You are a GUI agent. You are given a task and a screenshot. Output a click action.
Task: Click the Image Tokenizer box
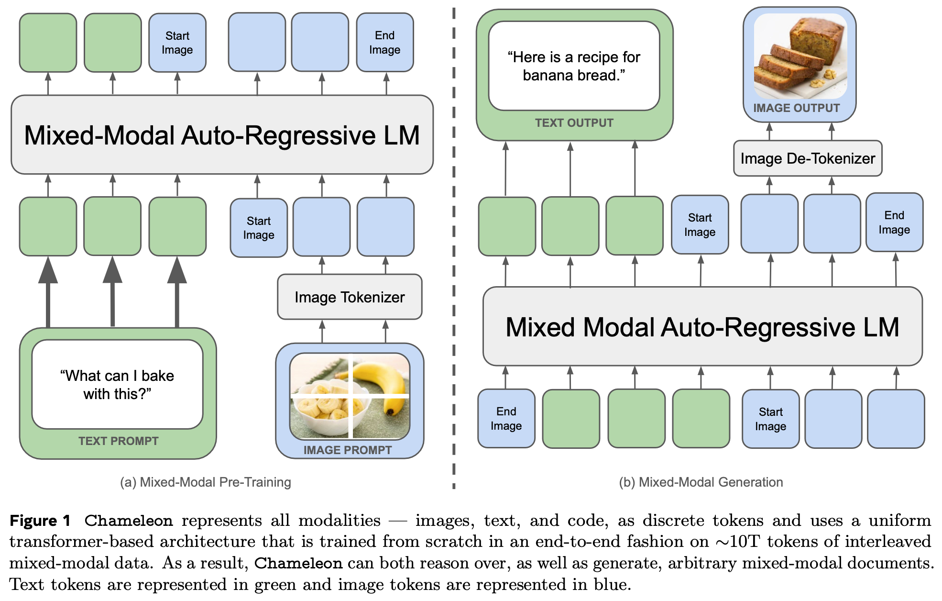point(350,297)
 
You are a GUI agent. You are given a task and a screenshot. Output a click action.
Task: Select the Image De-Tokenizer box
point(808,158)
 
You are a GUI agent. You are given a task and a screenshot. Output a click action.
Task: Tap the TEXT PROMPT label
point(118,441)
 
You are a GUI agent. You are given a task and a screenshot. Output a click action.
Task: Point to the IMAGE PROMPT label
point(348,450)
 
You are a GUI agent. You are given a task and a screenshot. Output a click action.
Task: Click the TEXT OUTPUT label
point(574,123)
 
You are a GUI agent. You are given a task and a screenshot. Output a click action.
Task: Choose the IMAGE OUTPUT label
point(797,108)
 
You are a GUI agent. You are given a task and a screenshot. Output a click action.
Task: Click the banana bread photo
point(800,56)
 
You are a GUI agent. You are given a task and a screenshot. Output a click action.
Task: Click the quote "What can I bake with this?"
point(117,385)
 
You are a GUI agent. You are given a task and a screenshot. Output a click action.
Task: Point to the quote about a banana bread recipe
point(574,66)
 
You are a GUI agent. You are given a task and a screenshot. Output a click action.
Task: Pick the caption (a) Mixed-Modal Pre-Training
point(206,482)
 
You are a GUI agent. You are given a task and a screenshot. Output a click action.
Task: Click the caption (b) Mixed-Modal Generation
point(701,482)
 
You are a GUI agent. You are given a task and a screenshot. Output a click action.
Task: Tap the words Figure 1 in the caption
point(40,521)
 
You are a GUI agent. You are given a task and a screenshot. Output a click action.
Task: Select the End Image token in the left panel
point(385,43)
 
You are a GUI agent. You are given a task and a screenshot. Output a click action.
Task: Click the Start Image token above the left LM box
point(177,43)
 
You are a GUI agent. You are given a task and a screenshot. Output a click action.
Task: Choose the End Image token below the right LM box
point(506,419)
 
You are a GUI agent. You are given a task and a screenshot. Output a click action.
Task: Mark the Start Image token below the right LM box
point(770,419)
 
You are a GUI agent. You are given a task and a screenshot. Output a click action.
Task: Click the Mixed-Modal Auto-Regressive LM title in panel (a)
point(222,135)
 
